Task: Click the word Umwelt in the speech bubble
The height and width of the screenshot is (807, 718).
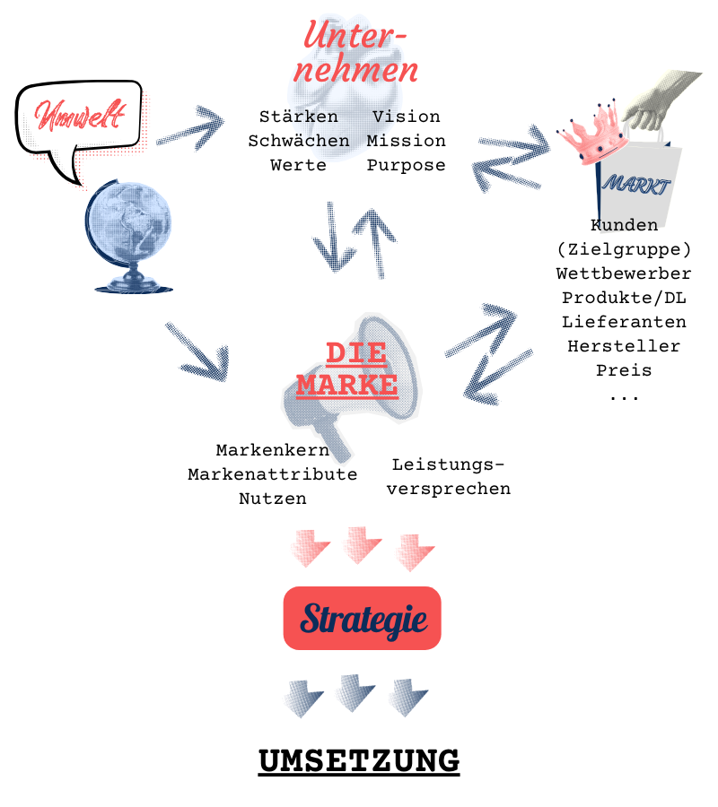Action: click(80, 116)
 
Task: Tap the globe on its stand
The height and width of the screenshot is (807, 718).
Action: click(128, 224)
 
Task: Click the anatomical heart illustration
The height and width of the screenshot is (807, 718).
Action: click(350, 99)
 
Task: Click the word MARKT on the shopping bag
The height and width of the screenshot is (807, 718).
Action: click(636, 186)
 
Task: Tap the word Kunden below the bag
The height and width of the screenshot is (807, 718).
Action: click(628, 224)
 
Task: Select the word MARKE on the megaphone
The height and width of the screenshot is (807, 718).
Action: click(347, 385)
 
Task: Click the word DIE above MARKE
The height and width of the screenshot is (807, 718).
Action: click(355, 352)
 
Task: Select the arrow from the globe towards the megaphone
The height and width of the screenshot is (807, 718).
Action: click(198, 352)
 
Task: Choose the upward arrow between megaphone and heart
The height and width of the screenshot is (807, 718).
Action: click(374, 242)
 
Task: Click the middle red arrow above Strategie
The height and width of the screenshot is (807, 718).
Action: click(361, 544)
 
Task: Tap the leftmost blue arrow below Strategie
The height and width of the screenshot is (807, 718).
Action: click(303, 698)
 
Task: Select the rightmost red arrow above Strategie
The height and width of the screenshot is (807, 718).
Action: click(415, 551)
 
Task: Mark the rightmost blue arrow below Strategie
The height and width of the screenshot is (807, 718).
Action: click(408, 698)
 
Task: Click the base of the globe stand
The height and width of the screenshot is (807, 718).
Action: click(132, 285)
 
